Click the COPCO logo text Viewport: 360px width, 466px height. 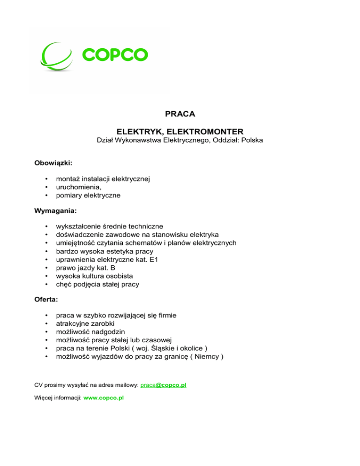115,54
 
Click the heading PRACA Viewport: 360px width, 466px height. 180,114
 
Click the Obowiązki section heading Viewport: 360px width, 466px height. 53,163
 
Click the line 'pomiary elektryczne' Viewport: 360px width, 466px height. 88,195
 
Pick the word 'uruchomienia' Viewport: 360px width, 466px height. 78,187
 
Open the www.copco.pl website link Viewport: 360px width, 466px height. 103,398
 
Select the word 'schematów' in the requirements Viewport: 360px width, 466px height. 141,242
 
